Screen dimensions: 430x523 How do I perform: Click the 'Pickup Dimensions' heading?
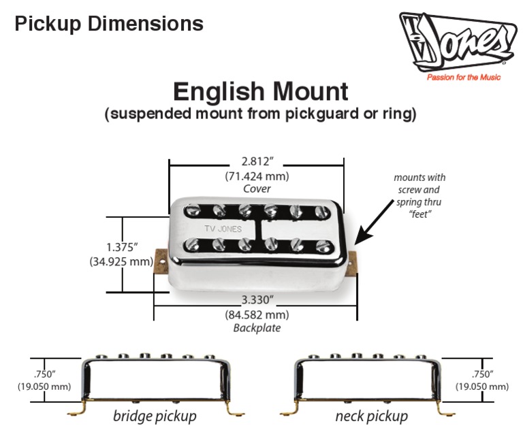109,24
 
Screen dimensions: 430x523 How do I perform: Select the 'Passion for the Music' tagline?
463,78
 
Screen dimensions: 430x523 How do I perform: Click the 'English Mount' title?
261,91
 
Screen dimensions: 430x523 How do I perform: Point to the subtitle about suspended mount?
261,114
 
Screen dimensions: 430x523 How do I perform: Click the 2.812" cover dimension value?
257,162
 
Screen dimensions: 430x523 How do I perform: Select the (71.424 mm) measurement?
257,176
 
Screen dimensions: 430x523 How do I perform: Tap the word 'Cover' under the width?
257,189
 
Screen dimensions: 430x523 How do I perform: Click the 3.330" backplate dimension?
256,301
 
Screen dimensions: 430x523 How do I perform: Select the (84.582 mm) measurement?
256,315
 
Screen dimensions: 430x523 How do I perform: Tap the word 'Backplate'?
256,328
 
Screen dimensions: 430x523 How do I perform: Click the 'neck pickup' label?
371,416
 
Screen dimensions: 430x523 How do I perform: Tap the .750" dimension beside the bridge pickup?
45,374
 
